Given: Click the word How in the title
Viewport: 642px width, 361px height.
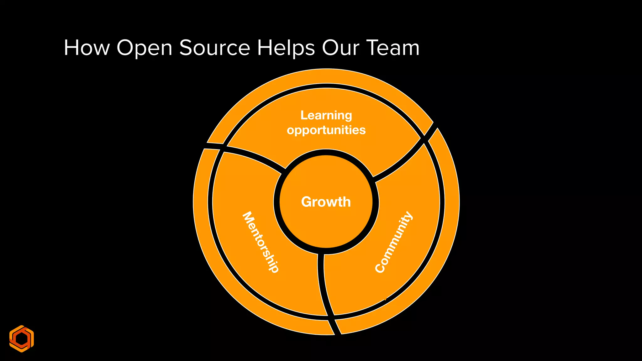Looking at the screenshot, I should click(x=87, y=48).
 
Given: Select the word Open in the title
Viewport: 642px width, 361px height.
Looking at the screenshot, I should click(x=144, y=49).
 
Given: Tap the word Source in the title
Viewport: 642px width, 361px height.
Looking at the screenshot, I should click(x=214, y=48).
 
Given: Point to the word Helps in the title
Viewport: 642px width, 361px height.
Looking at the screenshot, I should click(x=286, y=49).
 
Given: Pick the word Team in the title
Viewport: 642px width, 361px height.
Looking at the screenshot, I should click(x=393, y=48).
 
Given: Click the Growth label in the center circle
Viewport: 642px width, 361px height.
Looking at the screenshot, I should click(x=326, y=202).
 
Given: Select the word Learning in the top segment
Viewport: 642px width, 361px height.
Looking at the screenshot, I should click(x=326, y=116).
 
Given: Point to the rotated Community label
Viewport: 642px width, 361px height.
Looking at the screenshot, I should click(x=394, y=242).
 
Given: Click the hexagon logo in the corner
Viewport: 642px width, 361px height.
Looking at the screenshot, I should click(x=21, y=339).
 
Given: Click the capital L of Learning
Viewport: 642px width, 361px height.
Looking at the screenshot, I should click(x=303, y=115).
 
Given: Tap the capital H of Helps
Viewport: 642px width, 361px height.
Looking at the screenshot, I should click(x=266, y=48).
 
